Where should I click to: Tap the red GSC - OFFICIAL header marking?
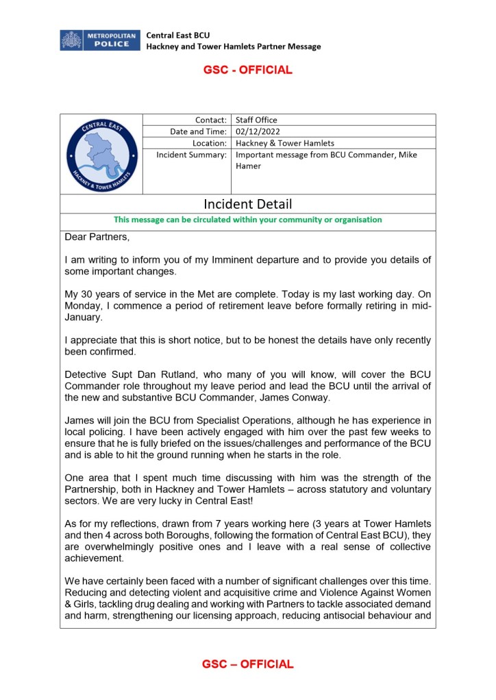[x=247, y=70]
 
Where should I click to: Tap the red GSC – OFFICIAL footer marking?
[x=247, y=664]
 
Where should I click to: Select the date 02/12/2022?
[x=256, y=131]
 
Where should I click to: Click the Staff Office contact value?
[x=256, y=120]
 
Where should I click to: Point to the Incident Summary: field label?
[x=191, y=155]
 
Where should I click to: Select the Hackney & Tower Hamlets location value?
[x=284, y=143]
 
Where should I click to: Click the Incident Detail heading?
[x=247, y=204]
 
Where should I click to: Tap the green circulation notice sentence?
[x=247, y=220]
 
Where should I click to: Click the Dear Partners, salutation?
[x=97, y=238]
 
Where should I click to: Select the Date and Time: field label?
[x=198, y=131]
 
